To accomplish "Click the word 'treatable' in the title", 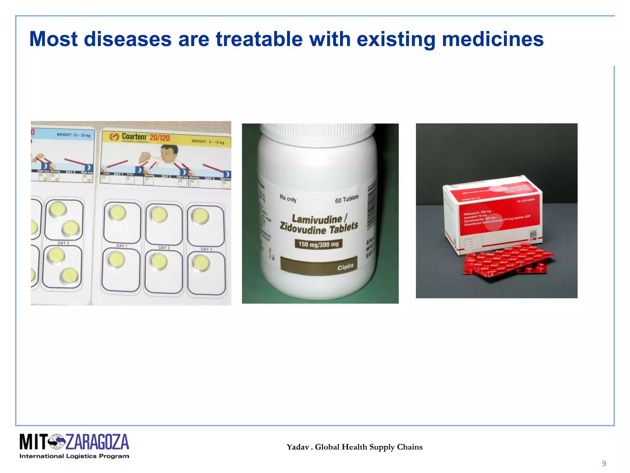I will point(259,39).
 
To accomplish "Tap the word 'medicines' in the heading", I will point(492,39).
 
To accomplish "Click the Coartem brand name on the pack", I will point(134,136).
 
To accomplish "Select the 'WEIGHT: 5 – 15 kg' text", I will point(208,142).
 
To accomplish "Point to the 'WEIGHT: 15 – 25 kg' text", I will point(73,135).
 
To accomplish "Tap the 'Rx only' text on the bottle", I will point(288,199).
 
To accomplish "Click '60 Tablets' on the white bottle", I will point(347,199).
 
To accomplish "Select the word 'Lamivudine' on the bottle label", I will point(317,219).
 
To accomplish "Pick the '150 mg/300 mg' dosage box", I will point(318,244).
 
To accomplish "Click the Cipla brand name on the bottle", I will point(345,267).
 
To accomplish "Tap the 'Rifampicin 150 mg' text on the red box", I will point(477,212).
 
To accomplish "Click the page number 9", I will point(604,463).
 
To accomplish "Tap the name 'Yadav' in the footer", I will point(297,447).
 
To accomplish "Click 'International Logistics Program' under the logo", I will point(74,456).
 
